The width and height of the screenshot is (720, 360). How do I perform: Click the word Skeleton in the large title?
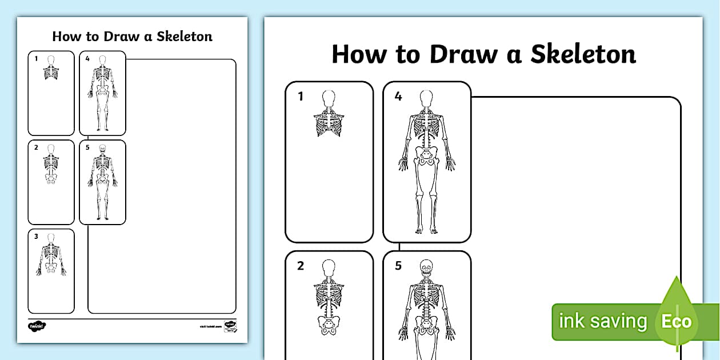point(583,54)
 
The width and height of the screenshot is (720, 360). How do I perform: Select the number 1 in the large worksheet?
point(301,97)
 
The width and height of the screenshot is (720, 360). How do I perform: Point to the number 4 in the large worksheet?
point(398,97)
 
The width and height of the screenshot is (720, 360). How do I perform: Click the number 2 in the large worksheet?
point(301,266)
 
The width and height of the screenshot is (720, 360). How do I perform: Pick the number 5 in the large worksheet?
point(398,266)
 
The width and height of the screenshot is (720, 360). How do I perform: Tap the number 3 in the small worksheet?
point(36,236)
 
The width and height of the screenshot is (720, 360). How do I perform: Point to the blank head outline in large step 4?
point(426,98)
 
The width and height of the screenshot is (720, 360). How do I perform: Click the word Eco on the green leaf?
point(676,321)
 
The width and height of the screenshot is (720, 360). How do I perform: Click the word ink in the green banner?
point(571,321)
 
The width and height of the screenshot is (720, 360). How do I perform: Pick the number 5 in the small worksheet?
point(87,147)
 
